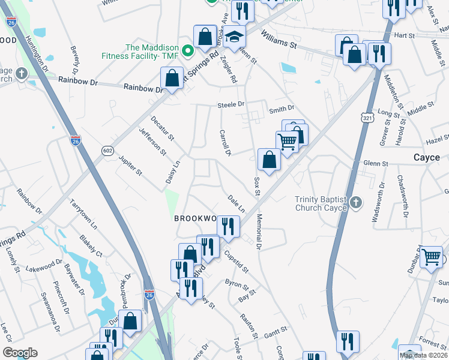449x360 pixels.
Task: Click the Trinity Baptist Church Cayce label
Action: pos(321,204)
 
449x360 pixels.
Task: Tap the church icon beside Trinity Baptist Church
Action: pos(356,203)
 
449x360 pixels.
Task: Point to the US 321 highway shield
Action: pos(367,118)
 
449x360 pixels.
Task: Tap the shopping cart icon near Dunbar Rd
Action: pos(431,257)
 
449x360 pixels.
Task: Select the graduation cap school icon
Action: pos(235,35)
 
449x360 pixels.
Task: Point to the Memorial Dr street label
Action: pos(259,232)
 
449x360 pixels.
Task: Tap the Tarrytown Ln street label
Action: pos(83,211)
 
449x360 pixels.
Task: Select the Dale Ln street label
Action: pos(237,203)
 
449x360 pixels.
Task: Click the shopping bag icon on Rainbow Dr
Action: pos(172,78)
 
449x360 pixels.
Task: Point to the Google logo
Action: pos(19,353)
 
